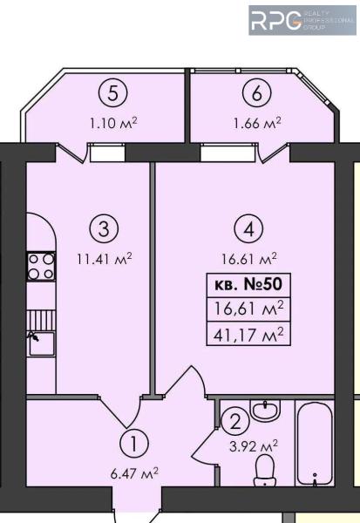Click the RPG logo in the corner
point(302,20)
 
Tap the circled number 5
point(113,94)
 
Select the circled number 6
point(257,94)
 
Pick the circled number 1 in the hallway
point(133,444)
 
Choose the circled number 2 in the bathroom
point(235,423)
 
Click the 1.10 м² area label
point(113,123)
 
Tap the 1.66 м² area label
point(257,123)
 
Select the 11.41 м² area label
point(105,259)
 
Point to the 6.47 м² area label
point(134,473)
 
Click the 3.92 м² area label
point(254,446)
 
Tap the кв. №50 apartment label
point(248,285)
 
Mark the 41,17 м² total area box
point(248,334)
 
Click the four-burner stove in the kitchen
point(41,266)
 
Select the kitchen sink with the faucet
point(41,343)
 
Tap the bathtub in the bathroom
point(315,443)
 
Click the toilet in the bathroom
point(264,471)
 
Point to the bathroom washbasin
point(265,411)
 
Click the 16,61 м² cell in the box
point(248,309)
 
